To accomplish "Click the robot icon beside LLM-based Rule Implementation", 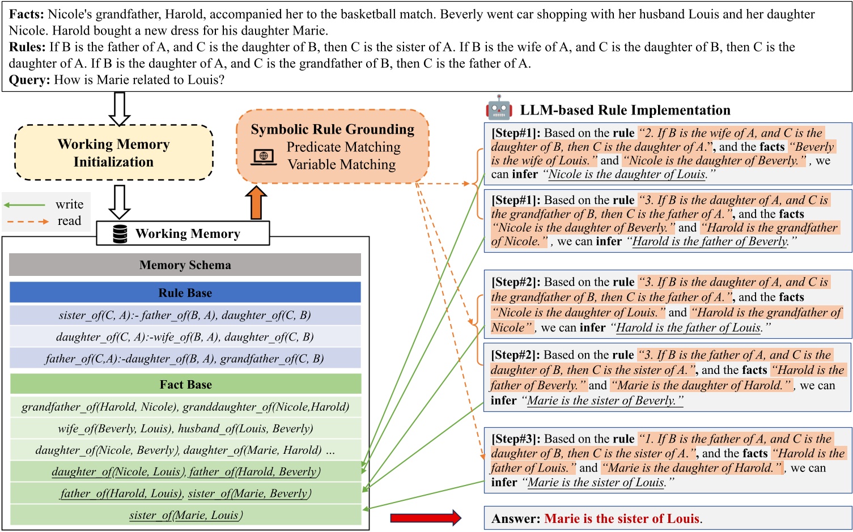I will pos(499,108).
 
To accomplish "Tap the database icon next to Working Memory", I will pos(120,233).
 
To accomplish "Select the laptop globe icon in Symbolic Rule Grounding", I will pos(264,156).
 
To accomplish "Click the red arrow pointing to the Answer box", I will pos(426,517).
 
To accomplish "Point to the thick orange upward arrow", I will pos(256,203).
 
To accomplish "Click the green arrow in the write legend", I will pos(24,205).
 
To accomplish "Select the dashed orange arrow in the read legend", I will pos(26,221).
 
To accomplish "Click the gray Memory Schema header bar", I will pos(185,265).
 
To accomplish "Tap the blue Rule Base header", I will pos(185,292).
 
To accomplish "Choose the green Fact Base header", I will pos(185,384).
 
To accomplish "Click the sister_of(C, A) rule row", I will pos(185,315).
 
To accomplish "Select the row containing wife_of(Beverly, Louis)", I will pos(185,428).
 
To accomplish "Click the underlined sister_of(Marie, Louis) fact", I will pos(185,515).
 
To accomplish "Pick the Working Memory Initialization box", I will pos(113,153).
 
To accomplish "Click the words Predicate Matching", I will pos(343,147).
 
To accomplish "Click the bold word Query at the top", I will pos(29,80).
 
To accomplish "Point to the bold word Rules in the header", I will pos(27,47).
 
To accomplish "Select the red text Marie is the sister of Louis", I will pos(622,518).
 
